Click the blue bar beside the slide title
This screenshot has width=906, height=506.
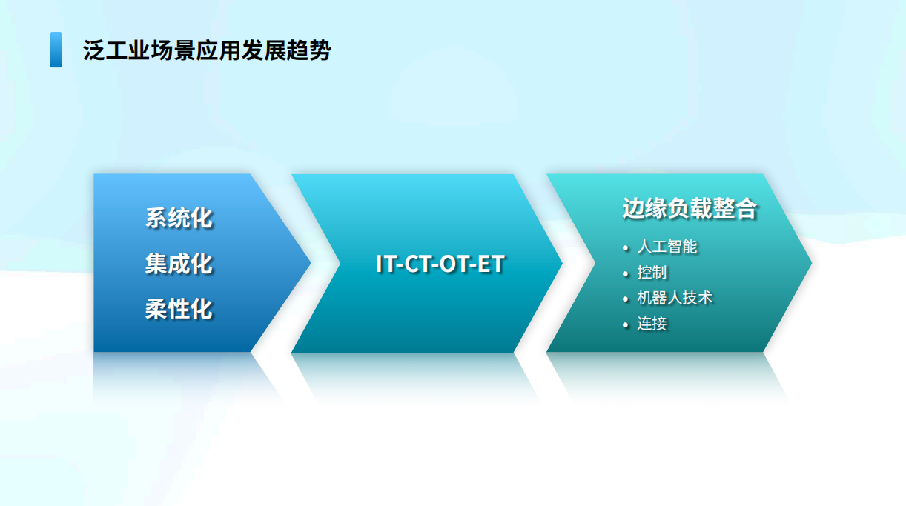click(56, 50)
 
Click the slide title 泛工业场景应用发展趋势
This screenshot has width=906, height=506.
click(207, 50)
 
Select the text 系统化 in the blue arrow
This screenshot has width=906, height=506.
click(179, 218)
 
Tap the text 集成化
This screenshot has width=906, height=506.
click(179, 264)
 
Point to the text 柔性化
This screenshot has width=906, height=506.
click(179, 309)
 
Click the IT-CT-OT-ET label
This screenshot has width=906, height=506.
click(440, 264)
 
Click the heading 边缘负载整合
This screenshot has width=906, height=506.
click(690, 208)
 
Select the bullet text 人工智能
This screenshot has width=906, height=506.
click(667, 247)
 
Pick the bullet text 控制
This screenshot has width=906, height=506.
click(652, 273)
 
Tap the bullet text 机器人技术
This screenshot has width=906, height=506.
click(674, 298)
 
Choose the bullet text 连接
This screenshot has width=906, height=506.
click(652, 324)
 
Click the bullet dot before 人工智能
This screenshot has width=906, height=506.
click(626, 248)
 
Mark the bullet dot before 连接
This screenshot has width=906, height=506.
click(626, 325)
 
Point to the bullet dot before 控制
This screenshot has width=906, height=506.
click(626, 273)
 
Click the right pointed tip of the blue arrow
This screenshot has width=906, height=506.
click(311, 263)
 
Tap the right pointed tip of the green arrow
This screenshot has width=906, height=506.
click(811, 263)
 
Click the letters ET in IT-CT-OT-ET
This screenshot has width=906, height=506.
click(491, 264)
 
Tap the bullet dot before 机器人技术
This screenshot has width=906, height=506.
click(626, 299)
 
